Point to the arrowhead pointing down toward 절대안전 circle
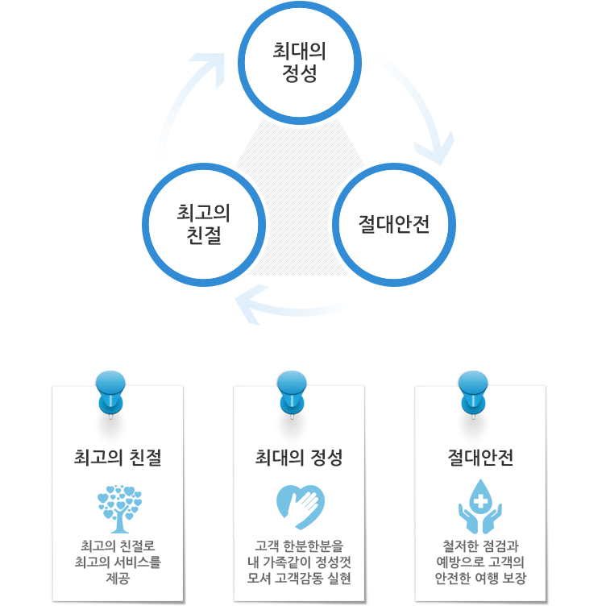tap(437, 150)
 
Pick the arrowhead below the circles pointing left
tap(249, 305)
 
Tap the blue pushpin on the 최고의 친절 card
tap(110, 395)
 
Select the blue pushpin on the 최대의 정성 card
tap(292, 395)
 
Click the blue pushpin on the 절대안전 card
tap(473, 395)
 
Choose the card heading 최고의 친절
tap(118, 458)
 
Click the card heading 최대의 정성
tap(299, 458)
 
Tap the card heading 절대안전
tap(480, 458)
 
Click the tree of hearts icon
tap(120, 508)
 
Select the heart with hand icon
tap(301, 508)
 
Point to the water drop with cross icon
tap(480, 507)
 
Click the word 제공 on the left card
tap(118, 578)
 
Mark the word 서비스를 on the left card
tap(138, 562)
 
